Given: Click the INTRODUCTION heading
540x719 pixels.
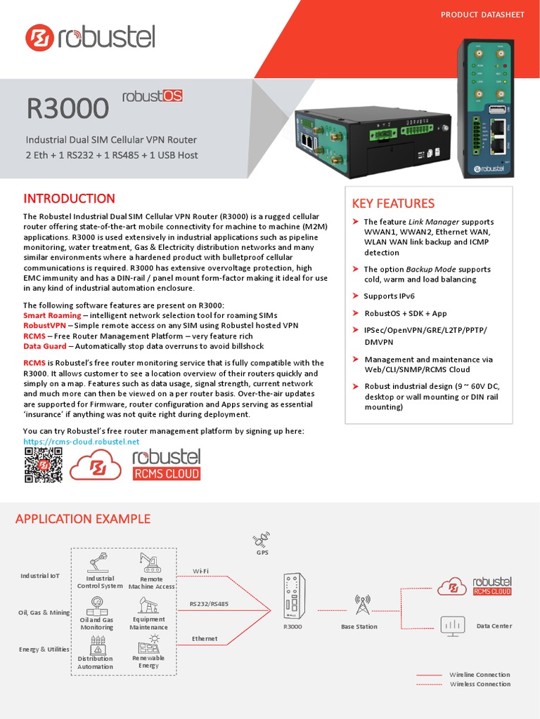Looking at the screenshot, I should click(69, 199).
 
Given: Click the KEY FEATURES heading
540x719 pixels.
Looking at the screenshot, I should click(393, 204).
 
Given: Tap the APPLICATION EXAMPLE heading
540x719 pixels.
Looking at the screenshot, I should click(83, 519).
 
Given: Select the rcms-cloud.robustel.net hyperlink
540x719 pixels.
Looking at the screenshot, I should click(82, 442).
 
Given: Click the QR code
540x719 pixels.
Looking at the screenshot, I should click(43, 465).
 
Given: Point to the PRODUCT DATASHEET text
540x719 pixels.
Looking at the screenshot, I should click(482, 15).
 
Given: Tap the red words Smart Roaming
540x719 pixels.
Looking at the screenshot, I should click(52, 315).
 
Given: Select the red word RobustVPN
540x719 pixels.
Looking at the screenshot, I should click(44, 326).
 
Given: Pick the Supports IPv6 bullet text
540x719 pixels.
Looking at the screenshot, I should click(390, 296).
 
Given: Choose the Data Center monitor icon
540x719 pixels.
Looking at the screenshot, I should click(451, 624).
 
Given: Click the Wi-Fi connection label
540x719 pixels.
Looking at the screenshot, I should click(200, 571).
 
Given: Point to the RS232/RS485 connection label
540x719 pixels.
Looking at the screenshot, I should click(209, 603).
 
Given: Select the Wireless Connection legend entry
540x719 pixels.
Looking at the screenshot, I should click(480, 684).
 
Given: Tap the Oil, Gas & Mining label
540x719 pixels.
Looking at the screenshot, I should click(44, 612).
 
